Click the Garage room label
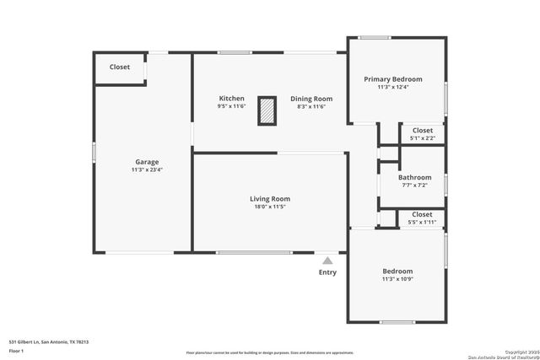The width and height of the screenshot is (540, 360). [147, 162]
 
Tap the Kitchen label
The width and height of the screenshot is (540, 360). [231, 99]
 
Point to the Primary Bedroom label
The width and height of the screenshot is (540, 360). [393, 79]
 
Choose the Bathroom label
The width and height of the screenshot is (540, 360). [414, 177]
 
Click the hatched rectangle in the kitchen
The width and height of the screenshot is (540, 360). [267, 111]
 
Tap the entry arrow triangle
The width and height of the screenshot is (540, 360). [327, 261]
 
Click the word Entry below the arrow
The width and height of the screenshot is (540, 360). [327, 272]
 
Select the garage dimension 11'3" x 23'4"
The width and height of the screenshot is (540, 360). [147, 170]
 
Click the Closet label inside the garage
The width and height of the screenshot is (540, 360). [120, 67]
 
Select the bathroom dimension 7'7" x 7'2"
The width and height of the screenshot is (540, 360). [414, 185]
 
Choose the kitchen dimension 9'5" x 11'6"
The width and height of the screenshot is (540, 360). [231, 107]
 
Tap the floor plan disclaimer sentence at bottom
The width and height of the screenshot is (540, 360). [269, 352]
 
